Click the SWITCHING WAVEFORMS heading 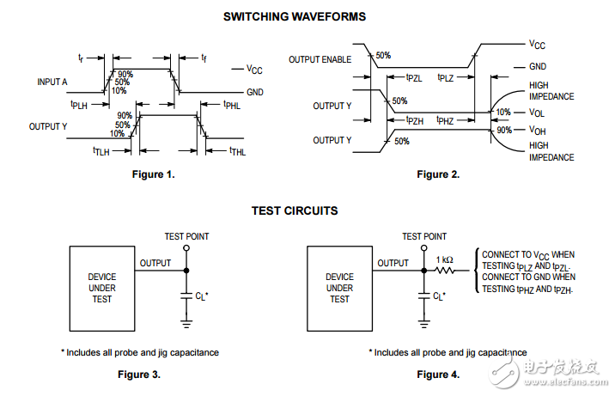pyautogui.click(x=295, y=15)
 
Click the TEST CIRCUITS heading pyautogui.click(x=295, y=210)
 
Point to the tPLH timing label pyautogui.click(x=80, y=104)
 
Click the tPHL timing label pyautogui.click(x=231, y=105)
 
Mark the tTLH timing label pyautogui.click(x=103, y=150)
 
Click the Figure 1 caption pyautogui.click(x=152, y=174)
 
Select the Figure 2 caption pyautogui.click(x=438, y=174)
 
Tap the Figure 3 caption pyautogui.click(x=138, y=374)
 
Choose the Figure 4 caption pyautogui.click(x=438, y=374)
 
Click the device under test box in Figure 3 pyautogui.click(x=101, y=288)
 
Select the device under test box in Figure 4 pyautogui.click(x=339, y=288)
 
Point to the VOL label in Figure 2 pyautogui.click(x=539, y=112)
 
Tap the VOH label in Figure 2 pyautogui.click(x=539, y=131)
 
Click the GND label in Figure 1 pyautogui.click(x=255, y=91)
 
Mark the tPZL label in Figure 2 pyautogui.click(x=414, y=78)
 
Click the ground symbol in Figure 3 pyautogui.click(x=186, y=324)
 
